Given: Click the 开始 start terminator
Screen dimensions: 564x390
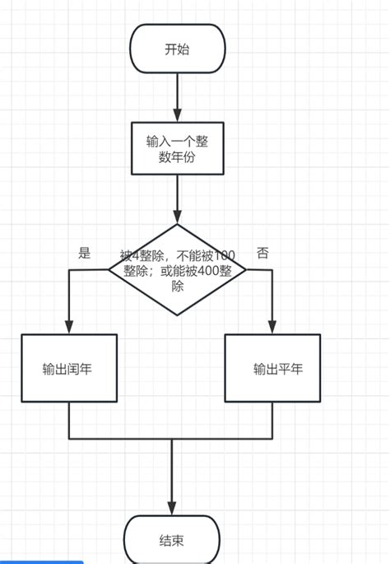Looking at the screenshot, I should pos(177,49).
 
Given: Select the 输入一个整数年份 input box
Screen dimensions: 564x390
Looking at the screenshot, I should pos(177,148).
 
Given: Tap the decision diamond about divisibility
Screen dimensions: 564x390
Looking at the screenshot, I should pos(177,270).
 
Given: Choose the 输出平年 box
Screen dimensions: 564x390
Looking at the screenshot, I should pos(272,369).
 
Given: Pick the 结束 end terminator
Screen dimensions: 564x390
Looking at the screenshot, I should pos(172,540).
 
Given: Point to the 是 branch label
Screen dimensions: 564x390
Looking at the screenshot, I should pos(85,253).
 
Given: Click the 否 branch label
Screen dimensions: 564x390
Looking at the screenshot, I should pos(262,253).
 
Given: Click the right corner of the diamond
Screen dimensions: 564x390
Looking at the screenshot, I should pos(245,270).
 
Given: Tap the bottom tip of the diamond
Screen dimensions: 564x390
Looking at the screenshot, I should pos(177,315).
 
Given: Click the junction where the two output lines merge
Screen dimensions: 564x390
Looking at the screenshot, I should pos(172,438).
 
